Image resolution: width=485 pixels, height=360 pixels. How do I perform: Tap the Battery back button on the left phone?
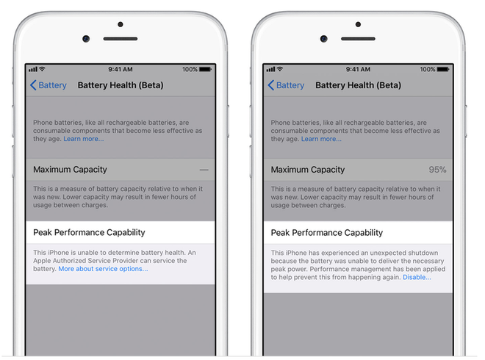tap(48, 85)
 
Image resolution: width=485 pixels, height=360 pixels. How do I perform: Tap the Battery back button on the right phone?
tap(286, 85)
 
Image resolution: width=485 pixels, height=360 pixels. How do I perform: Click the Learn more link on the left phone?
tap(84, 139)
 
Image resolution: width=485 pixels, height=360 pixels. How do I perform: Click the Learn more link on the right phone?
tap(321, 139)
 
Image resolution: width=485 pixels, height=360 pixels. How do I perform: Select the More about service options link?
tap(104, 269)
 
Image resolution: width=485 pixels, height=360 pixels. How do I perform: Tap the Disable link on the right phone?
tap(417, 277)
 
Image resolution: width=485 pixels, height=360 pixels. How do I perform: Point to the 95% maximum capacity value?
tap(437, 170)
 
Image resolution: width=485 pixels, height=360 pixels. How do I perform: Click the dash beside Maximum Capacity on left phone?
tap(204, 170)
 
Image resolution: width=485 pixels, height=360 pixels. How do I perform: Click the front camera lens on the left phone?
tap(86, 39)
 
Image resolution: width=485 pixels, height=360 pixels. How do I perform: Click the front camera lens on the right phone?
tap(324, 39)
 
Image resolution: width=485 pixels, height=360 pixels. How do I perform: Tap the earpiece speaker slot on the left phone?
tap(121, 39)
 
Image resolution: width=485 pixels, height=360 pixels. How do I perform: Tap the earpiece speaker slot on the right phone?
tap(358, 39)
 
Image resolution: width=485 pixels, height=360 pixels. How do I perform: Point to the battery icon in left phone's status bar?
tap(205, 69)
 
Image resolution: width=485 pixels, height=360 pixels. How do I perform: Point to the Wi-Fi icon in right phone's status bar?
tap(280, 69)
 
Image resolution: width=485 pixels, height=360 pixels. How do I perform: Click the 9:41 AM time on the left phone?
tap(121, 69)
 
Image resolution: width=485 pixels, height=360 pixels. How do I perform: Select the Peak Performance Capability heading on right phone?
tap(327, 233)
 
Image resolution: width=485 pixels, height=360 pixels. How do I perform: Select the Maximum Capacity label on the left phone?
tap(71, 170)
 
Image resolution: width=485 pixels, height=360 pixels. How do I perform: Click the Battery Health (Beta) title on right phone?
tap(358, 85)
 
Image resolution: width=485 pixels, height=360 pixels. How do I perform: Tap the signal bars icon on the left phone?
tap(33, 69)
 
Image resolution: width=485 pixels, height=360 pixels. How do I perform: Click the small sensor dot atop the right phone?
tap(358, 24)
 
